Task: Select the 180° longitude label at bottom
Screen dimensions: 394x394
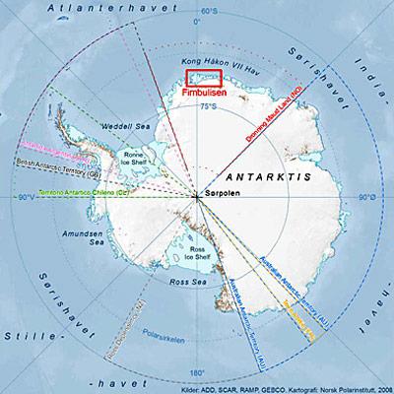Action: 197,372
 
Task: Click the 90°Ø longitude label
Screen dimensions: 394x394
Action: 365,198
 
